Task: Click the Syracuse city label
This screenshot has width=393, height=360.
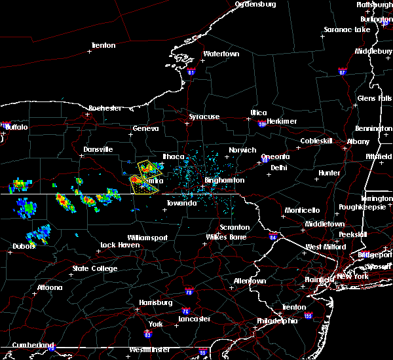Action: click(204, 117)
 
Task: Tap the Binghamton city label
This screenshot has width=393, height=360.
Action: click(226, 180)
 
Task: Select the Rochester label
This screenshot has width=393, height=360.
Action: click(105, 108)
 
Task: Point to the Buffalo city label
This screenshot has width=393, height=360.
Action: click(16, 127)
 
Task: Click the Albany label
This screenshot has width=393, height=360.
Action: click(358, 141)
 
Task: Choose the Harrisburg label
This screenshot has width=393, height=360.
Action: click(155, 302)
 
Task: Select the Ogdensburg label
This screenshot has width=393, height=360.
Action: click(255, 4)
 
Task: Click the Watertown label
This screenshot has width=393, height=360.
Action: click(220, 54)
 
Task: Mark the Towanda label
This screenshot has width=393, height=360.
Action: click(181, 203)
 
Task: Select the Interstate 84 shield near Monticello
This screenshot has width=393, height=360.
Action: click(272, 237)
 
